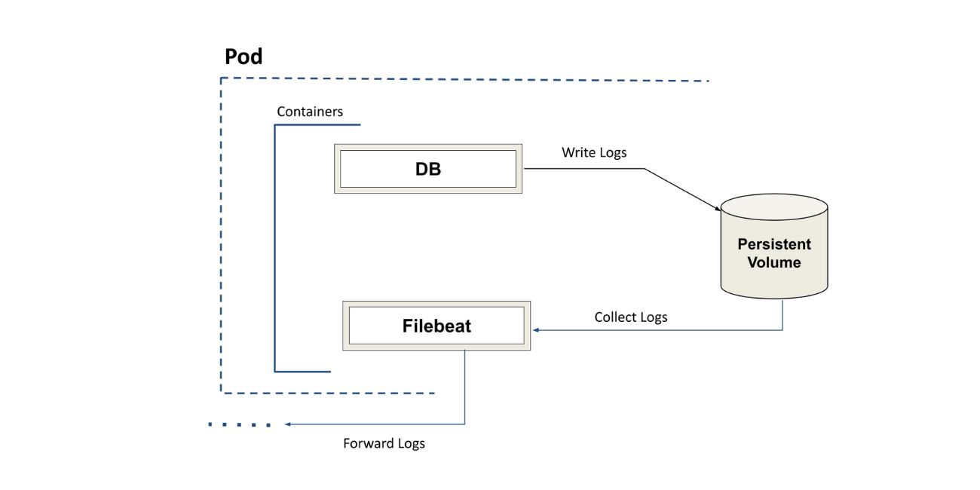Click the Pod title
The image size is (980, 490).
click(x=243, y=57)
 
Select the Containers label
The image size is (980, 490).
click(x=310, y=112)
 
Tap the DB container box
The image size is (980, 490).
click(x=428, y=169)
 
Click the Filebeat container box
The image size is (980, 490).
click(x=436, y=326)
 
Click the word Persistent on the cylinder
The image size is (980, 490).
click(x=774, y=244)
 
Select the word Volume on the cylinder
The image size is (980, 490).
click(x=774, y=263)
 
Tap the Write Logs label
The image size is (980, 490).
click(x=594, y=152)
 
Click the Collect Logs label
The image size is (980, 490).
click(x=631, y=317)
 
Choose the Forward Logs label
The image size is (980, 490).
click(x=384, y=443)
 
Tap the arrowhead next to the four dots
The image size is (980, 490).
click(x=288, y=424)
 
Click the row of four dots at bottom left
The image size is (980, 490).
click(x=240, y=424)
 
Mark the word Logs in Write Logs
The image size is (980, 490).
click(x=611, y=152)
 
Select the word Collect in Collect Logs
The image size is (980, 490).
click(x=615, y=317)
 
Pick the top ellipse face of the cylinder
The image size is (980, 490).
click(x=774, y=207)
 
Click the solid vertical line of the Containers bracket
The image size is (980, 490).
click(x=275, y=249)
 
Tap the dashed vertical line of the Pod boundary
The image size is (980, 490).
click(x=221, y=234)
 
